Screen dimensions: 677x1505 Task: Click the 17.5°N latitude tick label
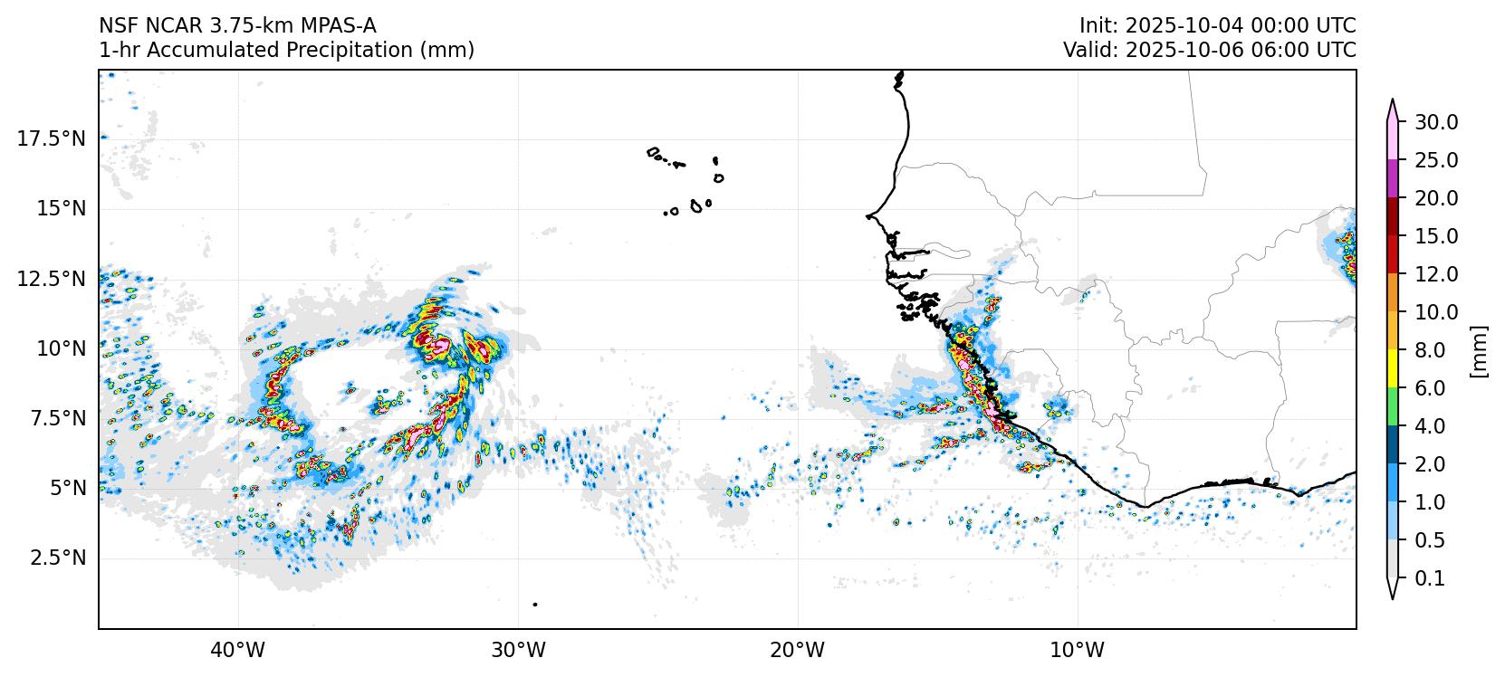click(51, 138)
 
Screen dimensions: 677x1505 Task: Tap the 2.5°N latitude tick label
click(57, 558)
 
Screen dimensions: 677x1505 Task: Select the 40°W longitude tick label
click(238, 650)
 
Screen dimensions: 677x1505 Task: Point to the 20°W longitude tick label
click(798, 650)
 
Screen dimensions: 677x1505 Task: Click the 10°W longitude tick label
click(1078, 650)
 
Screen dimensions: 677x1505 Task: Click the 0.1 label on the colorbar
click(1430, 578)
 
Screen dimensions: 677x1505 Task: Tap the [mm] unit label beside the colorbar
click(1479, 350)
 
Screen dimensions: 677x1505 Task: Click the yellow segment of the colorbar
click(1393, 369)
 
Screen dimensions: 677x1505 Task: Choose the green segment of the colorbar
click(1393, 407)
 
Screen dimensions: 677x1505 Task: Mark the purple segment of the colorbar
click(1393, 179)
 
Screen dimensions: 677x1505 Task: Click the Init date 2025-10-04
click(1169, 25)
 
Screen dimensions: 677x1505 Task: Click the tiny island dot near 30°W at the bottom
click(535, 604)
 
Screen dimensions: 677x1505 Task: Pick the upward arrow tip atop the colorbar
click(1393, 101)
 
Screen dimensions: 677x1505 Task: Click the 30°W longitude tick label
click(518, 650)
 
